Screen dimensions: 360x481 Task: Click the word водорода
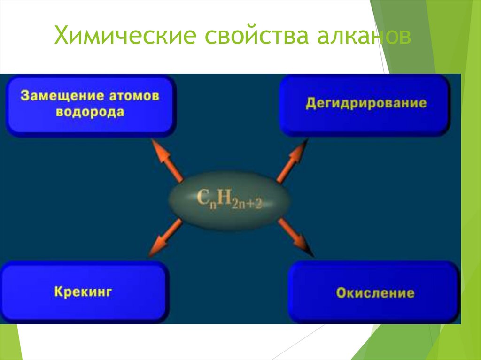90,112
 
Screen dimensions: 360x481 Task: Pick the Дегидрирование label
366,103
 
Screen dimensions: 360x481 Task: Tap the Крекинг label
83,291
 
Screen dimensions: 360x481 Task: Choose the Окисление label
375,293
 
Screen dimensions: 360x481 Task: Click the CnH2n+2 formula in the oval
229,199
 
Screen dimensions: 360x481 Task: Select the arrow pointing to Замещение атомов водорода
167,160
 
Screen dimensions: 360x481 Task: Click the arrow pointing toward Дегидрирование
292,160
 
